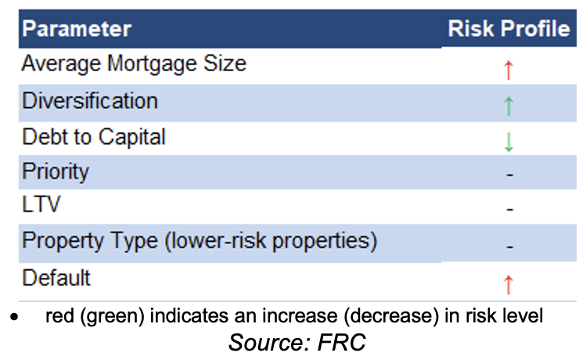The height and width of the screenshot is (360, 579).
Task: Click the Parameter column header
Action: click(x=77, y=28)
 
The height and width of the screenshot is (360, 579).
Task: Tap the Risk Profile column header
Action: click(x=509, y=28)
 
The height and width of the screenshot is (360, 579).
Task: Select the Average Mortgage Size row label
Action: click(x=134, y=64)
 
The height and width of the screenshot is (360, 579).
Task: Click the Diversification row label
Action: click(x=90, y=101)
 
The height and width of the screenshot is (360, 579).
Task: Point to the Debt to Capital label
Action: click(x=94, y=138)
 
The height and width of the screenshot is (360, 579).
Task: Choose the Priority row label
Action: click(x=56, y=172)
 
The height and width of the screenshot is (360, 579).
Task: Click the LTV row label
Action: click(x=41, y=203)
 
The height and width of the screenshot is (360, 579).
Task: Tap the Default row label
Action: click(x=56, y=278)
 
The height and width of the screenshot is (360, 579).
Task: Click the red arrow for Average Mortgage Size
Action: click(x=509, y=70)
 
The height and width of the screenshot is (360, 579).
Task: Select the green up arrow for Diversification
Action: click(x=509, y=106)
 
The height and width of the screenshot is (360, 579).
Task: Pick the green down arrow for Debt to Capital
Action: click(x=509, y=142)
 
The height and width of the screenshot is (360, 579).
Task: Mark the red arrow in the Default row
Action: click(x=509, y=285)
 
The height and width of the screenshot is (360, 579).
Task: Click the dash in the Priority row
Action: click(x=510, y=175)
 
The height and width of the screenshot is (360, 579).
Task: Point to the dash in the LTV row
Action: click(x=510, y=210)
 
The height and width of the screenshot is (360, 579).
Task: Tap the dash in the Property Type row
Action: click(x=510, y=247)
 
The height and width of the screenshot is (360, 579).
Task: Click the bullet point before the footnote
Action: click(x=14, y=317)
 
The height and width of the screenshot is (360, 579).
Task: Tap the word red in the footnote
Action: click(x=59, y=316)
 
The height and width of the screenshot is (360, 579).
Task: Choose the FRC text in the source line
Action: click(x=342, y=342)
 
